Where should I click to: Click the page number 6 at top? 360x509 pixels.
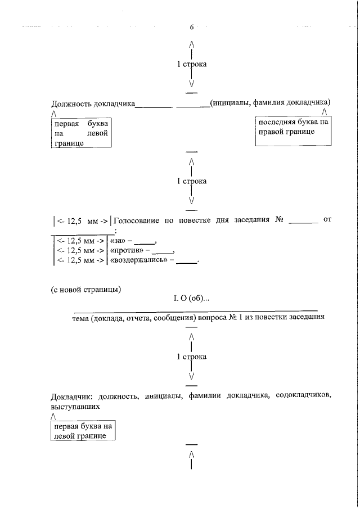[x=192, y=27]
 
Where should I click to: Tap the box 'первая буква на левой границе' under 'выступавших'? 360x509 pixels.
[x=83, y=431]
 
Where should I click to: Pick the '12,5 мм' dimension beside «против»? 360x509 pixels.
[x=79, y=251]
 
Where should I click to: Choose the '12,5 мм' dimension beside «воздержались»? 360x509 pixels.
[x=79, y=261]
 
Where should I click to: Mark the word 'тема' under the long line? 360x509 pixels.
[x=82, y=317]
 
